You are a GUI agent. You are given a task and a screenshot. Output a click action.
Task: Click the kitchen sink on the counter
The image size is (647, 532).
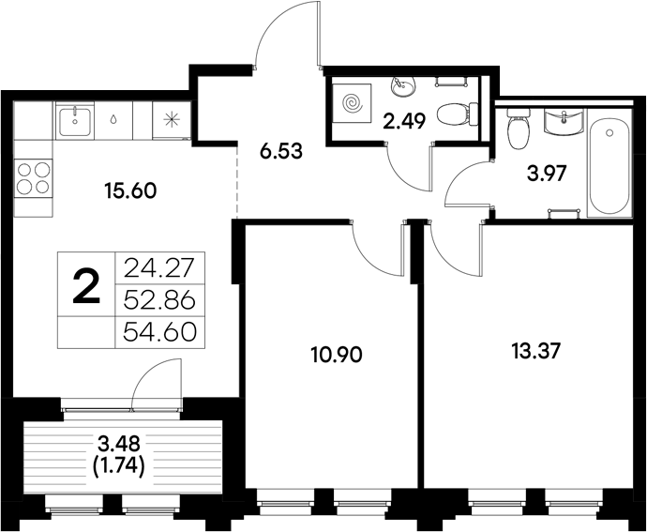[74, 119]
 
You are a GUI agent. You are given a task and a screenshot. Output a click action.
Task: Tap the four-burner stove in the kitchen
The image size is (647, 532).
[34, 177]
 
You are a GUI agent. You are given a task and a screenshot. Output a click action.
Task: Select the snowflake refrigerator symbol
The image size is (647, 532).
[171, 120]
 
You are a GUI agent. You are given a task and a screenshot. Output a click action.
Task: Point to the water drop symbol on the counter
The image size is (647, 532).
[113, 120]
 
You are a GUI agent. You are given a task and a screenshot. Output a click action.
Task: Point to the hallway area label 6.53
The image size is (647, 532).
[280, 149]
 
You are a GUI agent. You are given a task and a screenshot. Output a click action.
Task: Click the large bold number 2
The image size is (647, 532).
[85, 285]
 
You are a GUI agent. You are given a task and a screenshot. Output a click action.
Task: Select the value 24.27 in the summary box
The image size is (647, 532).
[158, 268]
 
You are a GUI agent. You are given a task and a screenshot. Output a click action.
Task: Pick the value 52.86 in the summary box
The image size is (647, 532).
[158, 300]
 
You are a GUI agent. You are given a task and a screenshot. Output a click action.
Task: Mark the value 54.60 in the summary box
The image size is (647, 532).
[158, 331]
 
